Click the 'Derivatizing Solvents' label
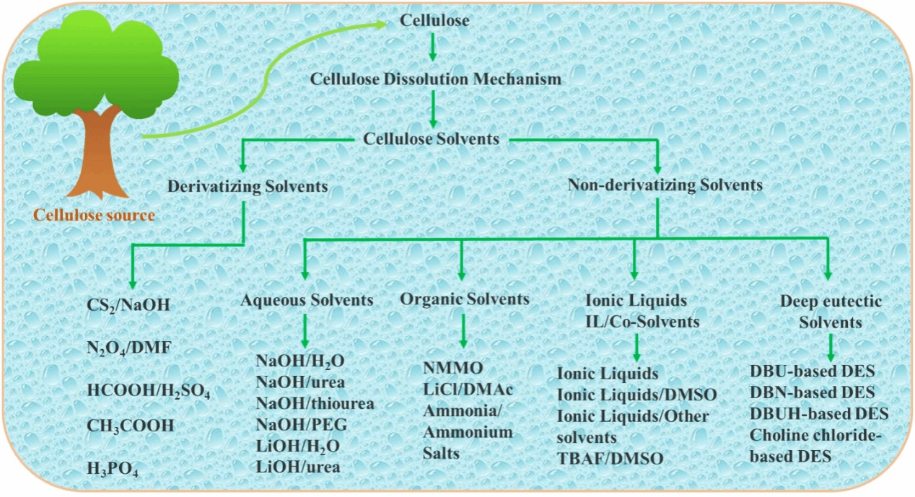pyautogui.click(x=248, y=186)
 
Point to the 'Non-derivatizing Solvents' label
pyautogui.click(x=665, y=185)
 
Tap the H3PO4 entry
pyautogui.click(x=113, y=468)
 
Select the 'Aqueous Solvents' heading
pyautogui.click(x=307, y=300)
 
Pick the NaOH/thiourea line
pyautogui.click(x=315, y=403)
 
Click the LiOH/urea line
pyautogui.click(x=297, y=467)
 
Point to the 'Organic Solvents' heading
pyautogui.click(x=465, y=299)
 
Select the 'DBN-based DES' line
pyautogui.click(x=813, y=393)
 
